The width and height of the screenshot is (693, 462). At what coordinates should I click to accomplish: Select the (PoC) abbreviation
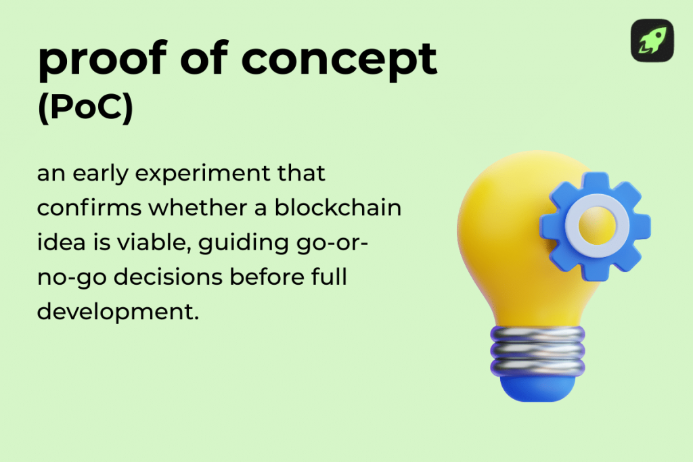click(x=85, y=110)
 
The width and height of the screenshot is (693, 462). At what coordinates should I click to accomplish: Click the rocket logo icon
click(x=652, y=40)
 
